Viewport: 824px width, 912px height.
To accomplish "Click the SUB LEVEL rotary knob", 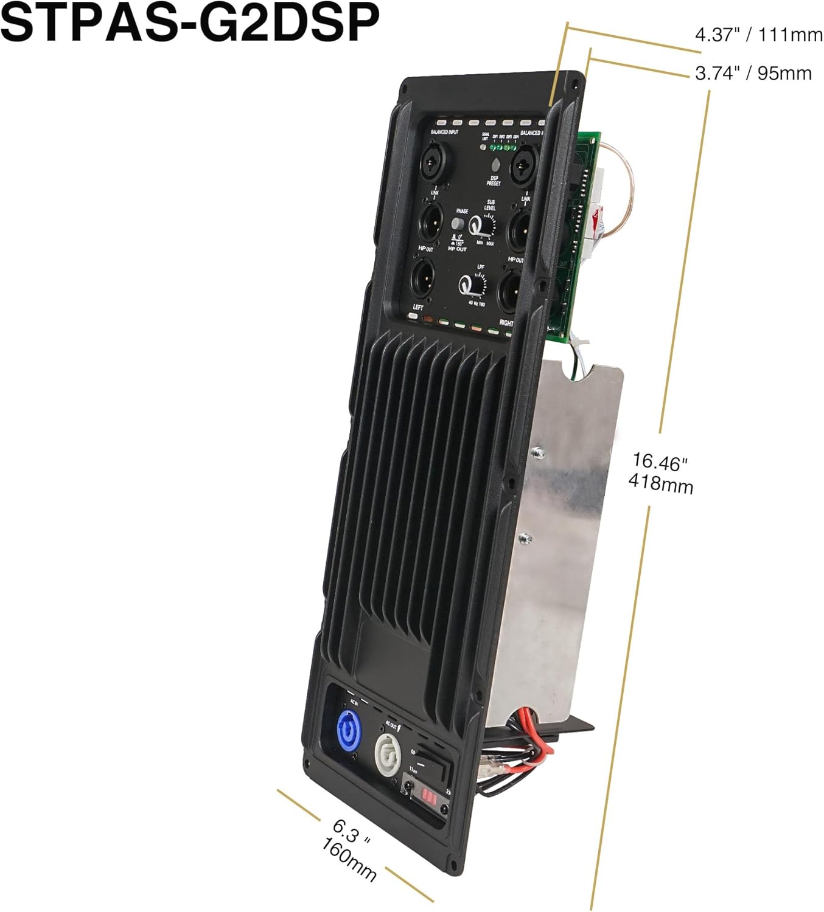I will (487, 229).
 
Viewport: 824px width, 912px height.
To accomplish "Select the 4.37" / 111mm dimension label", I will (758, 35).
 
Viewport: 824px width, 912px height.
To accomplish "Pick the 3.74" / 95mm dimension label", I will (753, 74).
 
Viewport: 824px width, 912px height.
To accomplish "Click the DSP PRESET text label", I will (494, 181).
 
